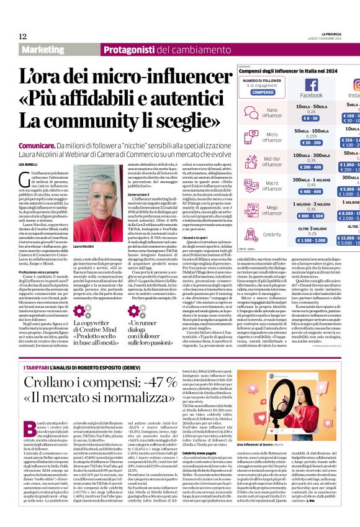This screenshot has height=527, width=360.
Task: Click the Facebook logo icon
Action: [x=312, y=84]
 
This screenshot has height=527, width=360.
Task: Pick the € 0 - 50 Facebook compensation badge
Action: [x=311, y=118]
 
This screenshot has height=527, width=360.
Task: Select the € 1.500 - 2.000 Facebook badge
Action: [x=311, y=240]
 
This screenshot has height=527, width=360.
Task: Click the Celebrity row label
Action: [x=272, y=235]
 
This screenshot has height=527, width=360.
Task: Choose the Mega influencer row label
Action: [x=272, y=210]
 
